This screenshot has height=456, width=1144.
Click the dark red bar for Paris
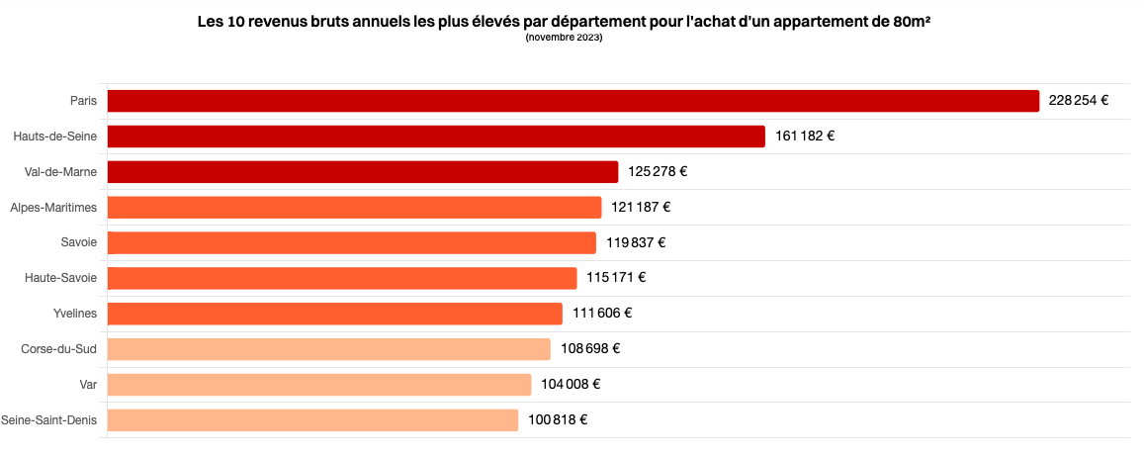(x=573, y=101)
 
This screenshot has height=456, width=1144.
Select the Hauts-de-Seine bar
(x=436, y=137)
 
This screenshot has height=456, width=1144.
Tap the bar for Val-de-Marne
(x=363, y=172)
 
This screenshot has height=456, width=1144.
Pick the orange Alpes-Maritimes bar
(x=355, y=207)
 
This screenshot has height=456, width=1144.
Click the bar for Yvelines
(x=335, y=314)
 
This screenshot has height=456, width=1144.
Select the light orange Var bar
(x=318, y=385)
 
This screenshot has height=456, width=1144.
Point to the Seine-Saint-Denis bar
(x=312, y=420)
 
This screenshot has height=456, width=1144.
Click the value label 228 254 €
(x=1079, y=101)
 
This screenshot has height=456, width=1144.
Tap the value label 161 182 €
(x=804, y=137)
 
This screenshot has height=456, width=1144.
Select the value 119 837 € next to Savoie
(x=636, y=243)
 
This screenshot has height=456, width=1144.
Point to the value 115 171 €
(x=617, y=278)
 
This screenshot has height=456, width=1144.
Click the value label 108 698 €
(x=590, y=349)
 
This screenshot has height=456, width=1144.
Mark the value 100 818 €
(x=558, y=419)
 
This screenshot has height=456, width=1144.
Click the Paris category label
(x=83, y=101)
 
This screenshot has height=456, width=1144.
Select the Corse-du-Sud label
(x=60, y=349)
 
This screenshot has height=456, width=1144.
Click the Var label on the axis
(x=89, y=385)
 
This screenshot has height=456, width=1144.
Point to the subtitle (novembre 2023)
(x=564, y=38)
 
